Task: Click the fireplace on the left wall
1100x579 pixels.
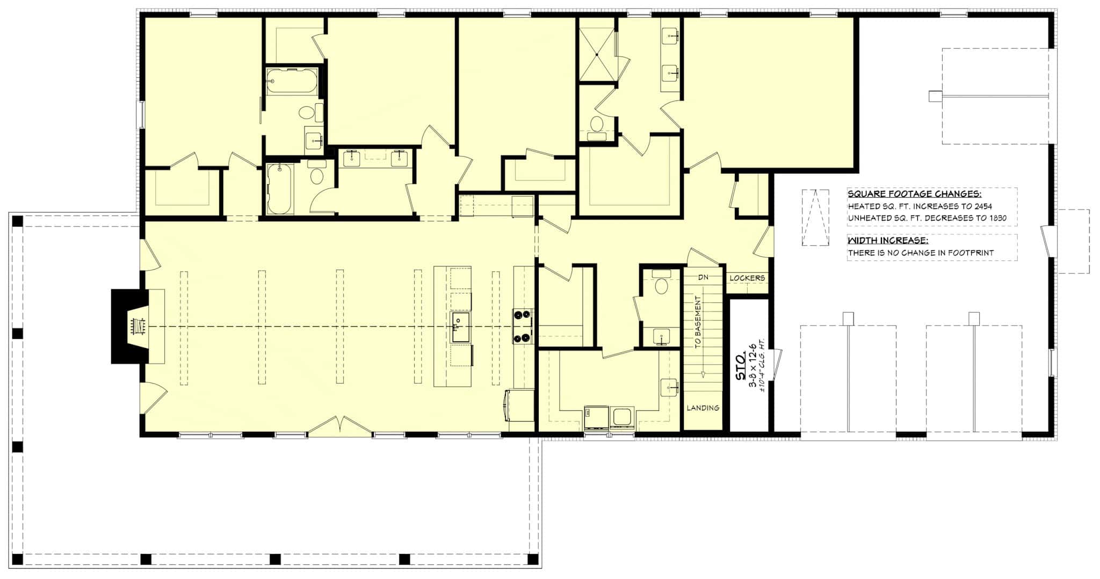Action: (129, 327)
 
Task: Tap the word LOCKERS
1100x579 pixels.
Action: (747, 278)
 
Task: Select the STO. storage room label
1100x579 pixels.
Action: (740, 366)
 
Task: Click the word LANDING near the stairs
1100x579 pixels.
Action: (703, 408)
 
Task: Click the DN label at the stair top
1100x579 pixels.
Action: (703, 278)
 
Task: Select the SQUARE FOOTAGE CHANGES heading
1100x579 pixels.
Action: (915, 194)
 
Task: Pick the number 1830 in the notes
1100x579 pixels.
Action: (996, 219)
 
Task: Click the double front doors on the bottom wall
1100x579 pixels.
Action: (340, 426)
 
